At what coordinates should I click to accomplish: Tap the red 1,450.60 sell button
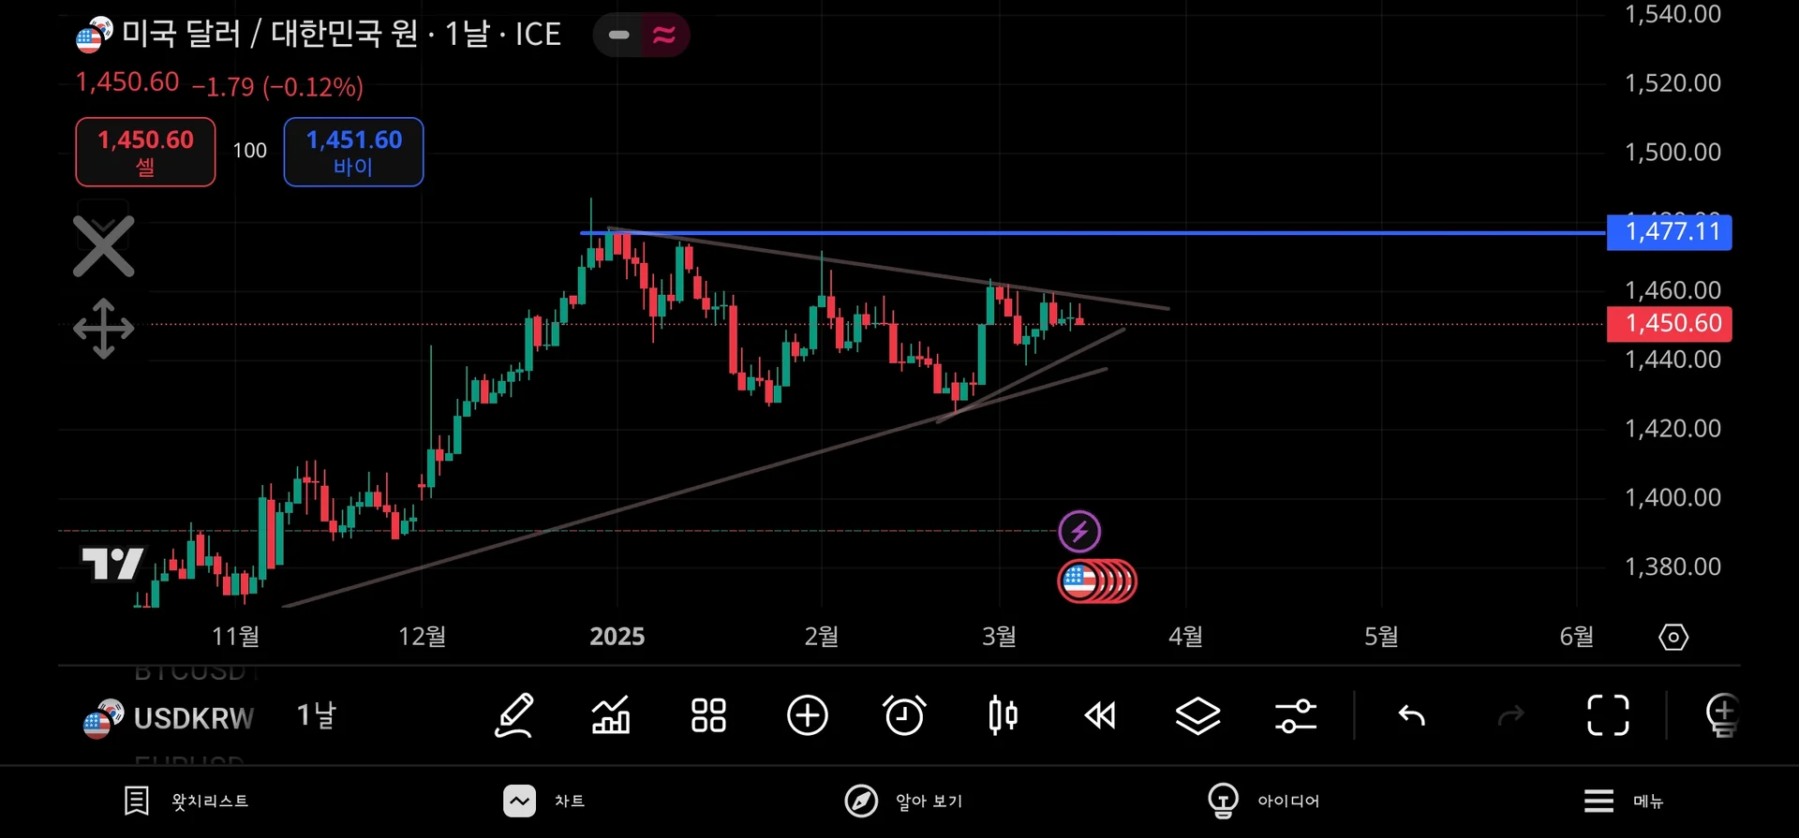145,152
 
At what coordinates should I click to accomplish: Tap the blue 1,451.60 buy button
353,152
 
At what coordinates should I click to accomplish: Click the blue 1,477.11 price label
1669,231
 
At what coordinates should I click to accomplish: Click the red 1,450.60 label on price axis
1669,324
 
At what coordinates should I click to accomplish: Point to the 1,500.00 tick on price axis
1673,152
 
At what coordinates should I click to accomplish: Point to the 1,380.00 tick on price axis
1673,566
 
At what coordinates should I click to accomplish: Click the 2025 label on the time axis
617,637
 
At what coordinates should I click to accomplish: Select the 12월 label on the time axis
422,637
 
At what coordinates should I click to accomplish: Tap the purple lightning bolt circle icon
1079,532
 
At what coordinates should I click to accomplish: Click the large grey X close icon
104,246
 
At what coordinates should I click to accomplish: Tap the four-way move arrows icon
104,329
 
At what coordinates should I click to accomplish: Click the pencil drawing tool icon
514,716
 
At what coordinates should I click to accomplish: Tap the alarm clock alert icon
904,716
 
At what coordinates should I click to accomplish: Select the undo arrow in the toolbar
1411,716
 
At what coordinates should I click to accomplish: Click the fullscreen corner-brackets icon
1608,716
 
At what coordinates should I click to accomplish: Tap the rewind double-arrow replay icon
1100,716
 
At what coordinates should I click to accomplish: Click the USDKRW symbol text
193,718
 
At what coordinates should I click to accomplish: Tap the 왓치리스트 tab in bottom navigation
187,801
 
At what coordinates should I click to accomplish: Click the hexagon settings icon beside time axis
1673,638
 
